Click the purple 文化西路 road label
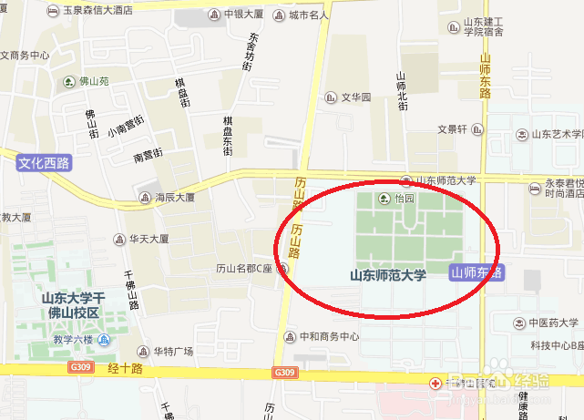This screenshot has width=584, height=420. tap(44, 163)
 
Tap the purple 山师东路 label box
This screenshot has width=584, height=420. tap(477, 272)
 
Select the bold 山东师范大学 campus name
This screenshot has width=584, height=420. tap(388, 274)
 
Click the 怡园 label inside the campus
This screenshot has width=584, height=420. tap(403, 198)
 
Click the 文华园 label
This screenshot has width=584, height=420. tap(356, 97)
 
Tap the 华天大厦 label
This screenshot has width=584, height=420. tap(148, 240)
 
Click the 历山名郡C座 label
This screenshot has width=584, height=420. tap(246, 269)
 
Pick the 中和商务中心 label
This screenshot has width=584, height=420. tap(328, 336)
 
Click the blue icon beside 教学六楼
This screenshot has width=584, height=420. tap(103, 340)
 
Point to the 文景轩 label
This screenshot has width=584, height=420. tap(452, 129)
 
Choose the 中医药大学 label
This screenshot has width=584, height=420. tap(553, 323)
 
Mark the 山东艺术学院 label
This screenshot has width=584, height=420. tap(556, 134)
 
